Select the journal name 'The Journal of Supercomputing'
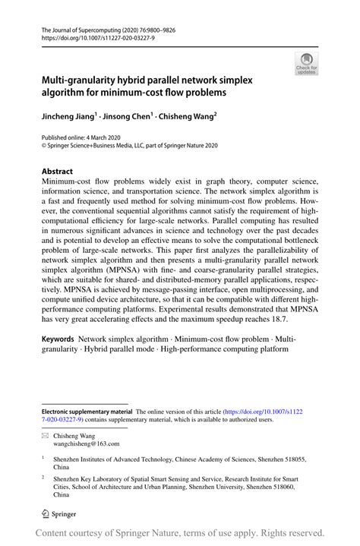(85, 25)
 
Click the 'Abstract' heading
(57, 172)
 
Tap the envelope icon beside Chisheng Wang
(45, 437)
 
